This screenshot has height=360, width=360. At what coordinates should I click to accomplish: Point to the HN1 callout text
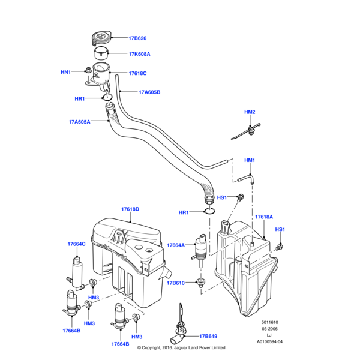click(x=65, y=72)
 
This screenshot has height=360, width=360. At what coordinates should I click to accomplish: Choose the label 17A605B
click(x=149, y=92)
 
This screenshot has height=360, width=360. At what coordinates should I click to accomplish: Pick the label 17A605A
click(x=79, y=122)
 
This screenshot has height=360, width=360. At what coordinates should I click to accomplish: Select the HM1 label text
click(x=250, y=160)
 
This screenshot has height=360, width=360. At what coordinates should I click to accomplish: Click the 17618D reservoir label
click(x=130, y=209)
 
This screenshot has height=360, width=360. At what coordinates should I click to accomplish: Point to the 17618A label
click(x=264, y=217)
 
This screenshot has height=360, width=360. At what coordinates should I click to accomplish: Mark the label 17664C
click(x=76, y=244)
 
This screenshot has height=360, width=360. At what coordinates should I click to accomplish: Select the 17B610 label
click(x=176, y=283)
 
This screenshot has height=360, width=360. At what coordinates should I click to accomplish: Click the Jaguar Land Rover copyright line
click(x=181, y=347)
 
